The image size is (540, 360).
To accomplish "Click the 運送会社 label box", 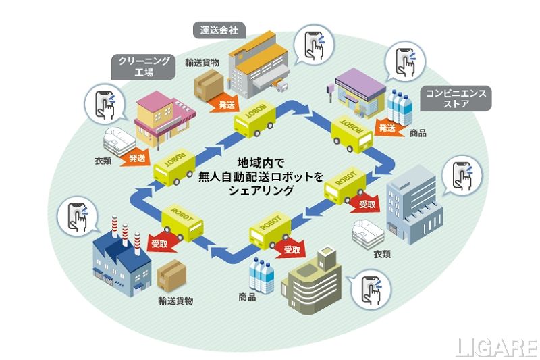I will [x=220, y=30].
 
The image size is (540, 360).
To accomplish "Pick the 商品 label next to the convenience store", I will [x=418, y=133].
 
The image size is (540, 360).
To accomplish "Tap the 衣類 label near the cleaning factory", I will [x=103, y=161].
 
